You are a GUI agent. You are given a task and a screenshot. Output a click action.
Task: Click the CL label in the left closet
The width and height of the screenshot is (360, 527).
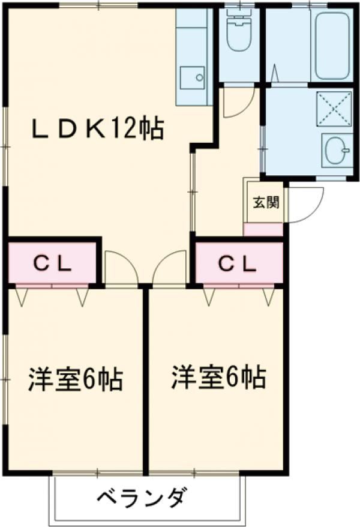pyautogui.click(x=52, y=263)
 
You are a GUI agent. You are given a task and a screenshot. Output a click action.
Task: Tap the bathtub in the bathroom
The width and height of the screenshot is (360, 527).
pyautogui.click(x=332, y=45)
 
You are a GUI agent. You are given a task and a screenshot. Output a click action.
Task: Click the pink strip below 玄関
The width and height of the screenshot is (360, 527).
pyautogui.click(x=263, y=230)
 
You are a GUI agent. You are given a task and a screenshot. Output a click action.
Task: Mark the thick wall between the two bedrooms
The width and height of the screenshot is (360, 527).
pyautogui.click(x=145, y=378)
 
